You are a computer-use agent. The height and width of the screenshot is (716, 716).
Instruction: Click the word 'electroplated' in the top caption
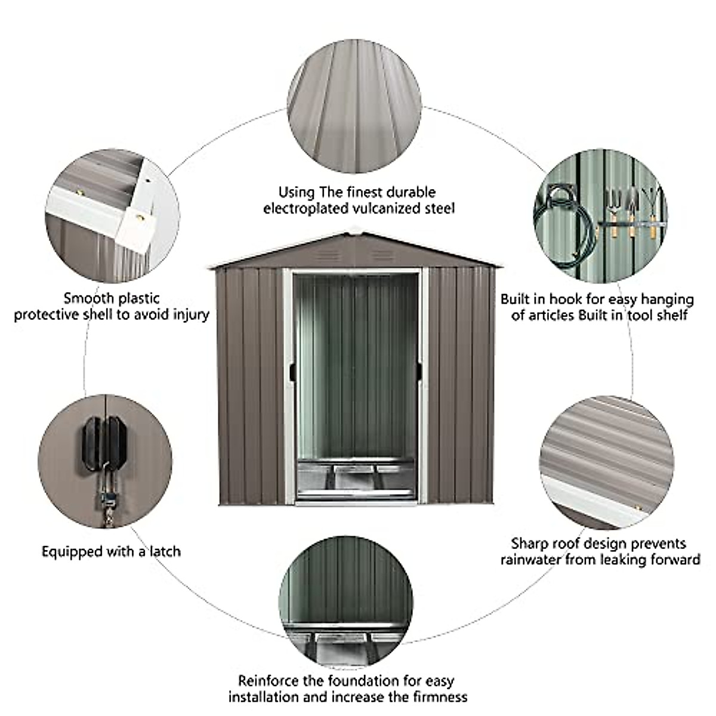[301, 208]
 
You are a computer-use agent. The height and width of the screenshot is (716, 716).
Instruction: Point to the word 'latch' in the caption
[163, 551]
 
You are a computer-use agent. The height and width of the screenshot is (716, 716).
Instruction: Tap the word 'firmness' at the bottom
[437, 696]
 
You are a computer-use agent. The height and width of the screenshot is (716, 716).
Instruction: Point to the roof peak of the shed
[356, 229]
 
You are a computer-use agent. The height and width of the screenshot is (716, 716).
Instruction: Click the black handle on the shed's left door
[291, 371]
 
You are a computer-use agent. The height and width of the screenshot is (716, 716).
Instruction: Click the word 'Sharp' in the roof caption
[529, 544]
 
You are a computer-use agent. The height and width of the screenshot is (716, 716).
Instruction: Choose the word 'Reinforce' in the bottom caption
[267, 680]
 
